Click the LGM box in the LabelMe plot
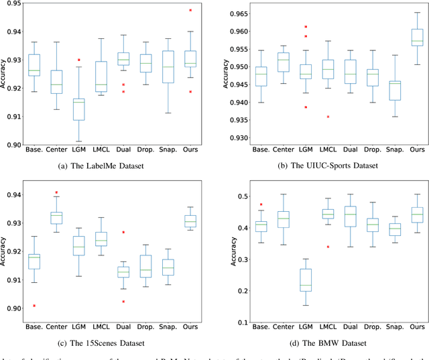(79, 109)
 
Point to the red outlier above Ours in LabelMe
(190, 11)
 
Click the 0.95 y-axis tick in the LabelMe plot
(12, 3)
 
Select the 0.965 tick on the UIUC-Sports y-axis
(232, 13)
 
